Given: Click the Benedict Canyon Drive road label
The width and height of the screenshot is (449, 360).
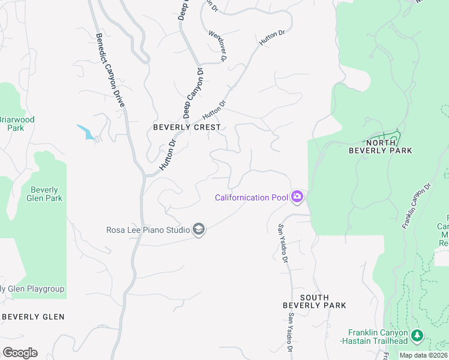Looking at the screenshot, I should pyautogui.click(x=110, y=70).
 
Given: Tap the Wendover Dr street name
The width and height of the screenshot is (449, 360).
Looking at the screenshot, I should pyautogui.click(x=217, y=46).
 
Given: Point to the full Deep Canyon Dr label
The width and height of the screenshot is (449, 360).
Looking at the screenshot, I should pyautogui.click(x=193, y=93).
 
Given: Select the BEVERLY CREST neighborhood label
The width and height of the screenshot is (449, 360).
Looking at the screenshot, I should pyautogui.click(x=187, y=127).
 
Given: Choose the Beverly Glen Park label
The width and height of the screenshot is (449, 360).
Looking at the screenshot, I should pyautogui.click(x=44, y=194).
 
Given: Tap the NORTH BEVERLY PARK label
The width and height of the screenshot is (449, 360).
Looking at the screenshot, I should pyautogui.click(x=381, y=146).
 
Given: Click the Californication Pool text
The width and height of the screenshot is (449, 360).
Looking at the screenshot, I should pyautogui.click(x=252, y=197).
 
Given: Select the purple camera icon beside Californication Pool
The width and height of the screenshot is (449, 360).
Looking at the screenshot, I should pyautogui.click(x=297, y=197).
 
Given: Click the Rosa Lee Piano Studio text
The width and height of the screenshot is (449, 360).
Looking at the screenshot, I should pyautogui.click(x=148, y=230).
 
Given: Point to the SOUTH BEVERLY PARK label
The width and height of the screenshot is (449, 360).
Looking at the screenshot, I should pyautogui.click(x=315, y=301).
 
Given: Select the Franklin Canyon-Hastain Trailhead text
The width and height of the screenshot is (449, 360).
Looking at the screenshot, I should pyautogui.click(x=378, y=337).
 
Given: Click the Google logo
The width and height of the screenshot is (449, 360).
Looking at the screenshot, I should pyautogui.click(x=20, y=353).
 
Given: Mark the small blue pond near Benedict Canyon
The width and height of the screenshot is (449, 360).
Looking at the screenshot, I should pyautogui.click(x=86, y=132).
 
